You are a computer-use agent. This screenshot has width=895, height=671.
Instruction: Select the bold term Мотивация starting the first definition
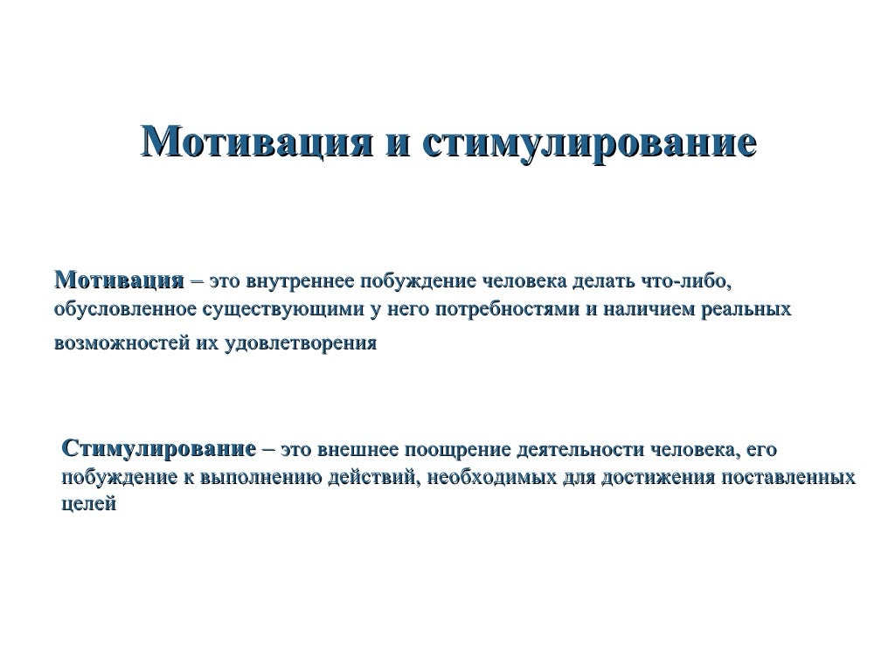119,282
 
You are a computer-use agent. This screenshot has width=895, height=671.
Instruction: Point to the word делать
599,283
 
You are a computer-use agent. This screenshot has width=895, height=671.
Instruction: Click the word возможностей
114,343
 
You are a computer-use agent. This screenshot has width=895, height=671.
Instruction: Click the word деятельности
579,451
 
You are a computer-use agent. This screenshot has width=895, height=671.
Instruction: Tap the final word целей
90,505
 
